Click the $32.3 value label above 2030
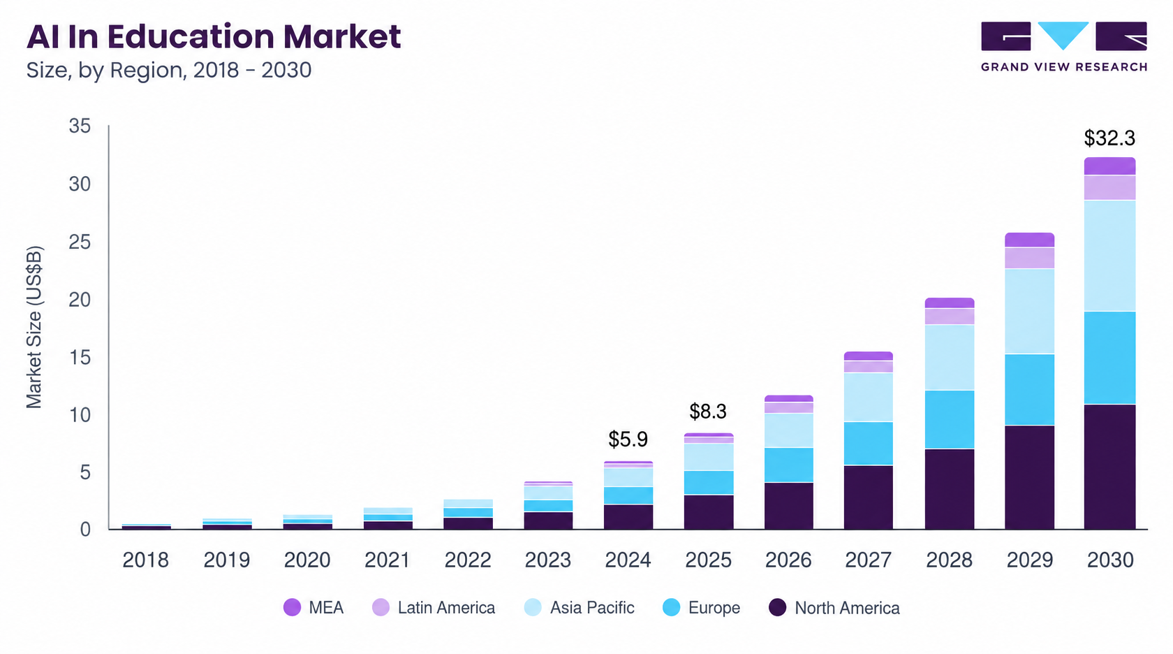1109,138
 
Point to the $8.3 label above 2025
708,412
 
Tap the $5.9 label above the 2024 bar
628,439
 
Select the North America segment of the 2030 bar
1109,467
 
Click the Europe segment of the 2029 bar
1029,389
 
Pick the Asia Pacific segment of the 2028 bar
950,358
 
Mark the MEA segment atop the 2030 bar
1109,166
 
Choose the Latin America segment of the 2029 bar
1029,258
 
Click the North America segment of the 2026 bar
789,506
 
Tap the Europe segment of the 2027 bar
869,443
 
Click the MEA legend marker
292,607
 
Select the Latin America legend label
446,608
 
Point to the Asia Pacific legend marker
533,607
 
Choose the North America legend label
847,608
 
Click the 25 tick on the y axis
80,242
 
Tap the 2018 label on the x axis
145,560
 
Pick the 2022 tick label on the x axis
468,560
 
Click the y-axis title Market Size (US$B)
34,328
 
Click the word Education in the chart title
191,36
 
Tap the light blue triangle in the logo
1063,35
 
